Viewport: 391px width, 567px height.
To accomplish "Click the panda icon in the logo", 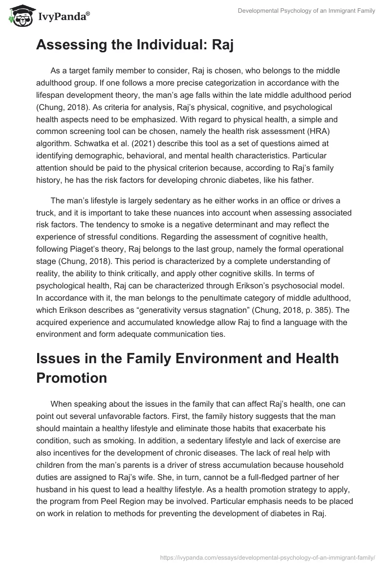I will click(x=19, y=16).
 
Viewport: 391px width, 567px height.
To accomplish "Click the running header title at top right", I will click(x=306, y=11).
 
